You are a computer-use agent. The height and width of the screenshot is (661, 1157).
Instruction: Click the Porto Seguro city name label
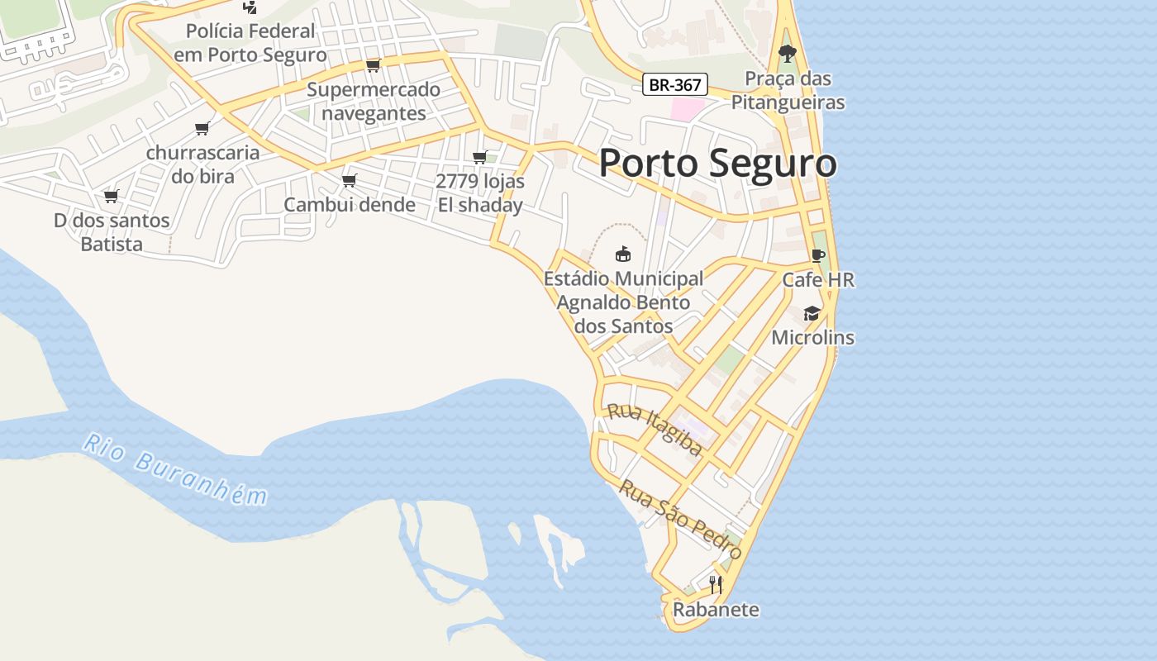pyautogui.click(x=717, y=163)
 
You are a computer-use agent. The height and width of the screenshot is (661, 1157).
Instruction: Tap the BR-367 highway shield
pyautogui.click(x=675, y=84)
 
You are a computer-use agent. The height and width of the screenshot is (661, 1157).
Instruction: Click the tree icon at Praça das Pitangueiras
pyautogui.click(x=788, y=55)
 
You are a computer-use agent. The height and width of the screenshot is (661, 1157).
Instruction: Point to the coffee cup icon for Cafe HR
pyautogui.click(x=818, y=255)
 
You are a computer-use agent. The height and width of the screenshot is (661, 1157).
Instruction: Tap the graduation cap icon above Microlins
pyautogui.click(x=812, y=313)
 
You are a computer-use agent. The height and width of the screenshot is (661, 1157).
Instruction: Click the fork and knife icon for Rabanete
pyautogui.click(x=716, y=585)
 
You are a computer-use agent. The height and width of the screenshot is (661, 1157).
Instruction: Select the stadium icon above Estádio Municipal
pyautogui.click(x=623, y=254)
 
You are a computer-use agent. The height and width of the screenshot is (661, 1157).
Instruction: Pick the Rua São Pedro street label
pyautogui.click(x=680, y=519)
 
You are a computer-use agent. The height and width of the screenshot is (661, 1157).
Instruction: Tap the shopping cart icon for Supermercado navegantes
pyautogui.click(x=373, y=65)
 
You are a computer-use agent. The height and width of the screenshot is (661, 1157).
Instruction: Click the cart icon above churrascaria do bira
pyautogui.click(x=202, y=128)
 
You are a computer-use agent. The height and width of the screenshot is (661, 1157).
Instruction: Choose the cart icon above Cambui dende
pyautogui.click(x=349, y=180)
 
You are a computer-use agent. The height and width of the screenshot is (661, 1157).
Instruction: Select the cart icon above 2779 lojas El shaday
pyautogui.click(x=479, y=157)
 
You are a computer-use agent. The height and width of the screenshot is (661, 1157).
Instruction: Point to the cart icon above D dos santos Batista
pyautogui.click(x=111, y=196)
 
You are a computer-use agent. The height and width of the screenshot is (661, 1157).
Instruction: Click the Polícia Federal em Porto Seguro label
pyautogui.click(x=250, y=43)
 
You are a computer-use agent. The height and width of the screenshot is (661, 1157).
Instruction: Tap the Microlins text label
pyautogui.click(x=812, y=338)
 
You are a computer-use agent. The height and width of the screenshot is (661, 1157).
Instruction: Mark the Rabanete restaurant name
pyautogui.click(x=716, y=610)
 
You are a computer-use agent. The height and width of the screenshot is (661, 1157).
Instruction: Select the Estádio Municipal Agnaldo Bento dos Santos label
pyautogui.click(x=623, y=302)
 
